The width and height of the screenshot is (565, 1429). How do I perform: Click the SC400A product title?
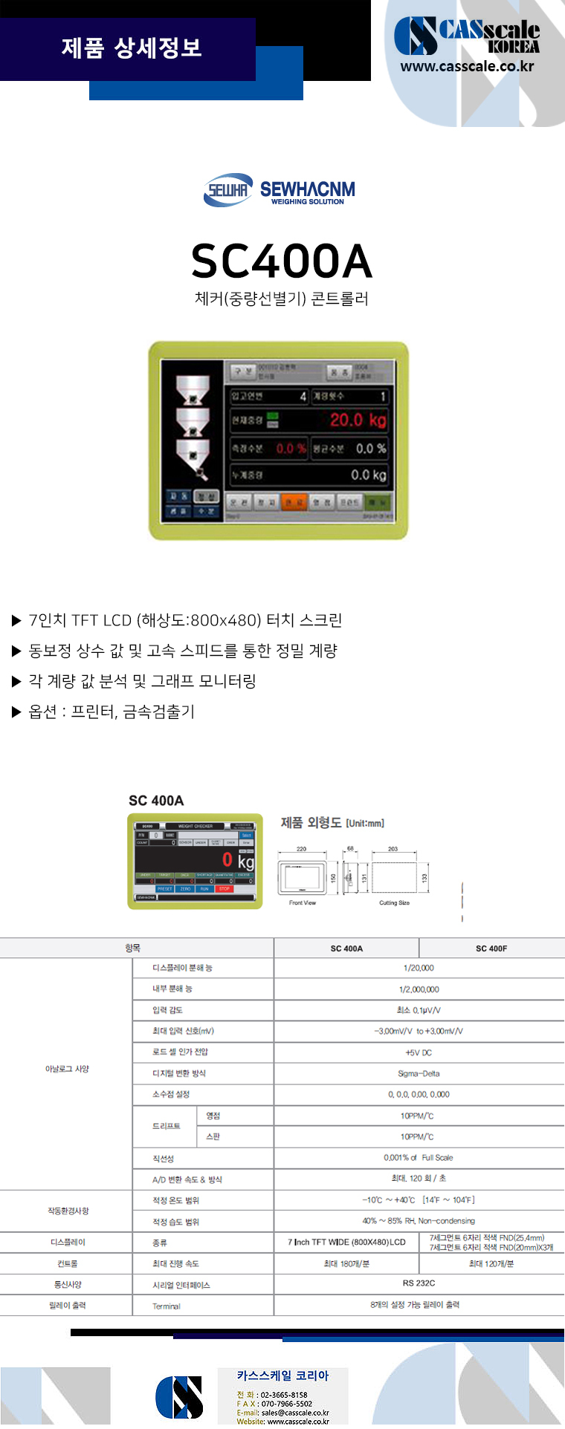point(281,261)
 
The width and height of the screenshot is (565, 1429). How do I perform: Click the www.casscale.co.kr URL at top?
point(467,66)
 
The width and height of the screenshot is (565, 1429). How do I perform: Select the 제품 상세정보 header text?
point(132,48)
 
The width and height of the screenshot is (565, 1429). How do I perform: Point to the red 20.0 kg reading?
point(358,420)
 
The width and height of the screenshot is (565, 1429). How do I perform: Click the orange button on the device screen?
point(294,503)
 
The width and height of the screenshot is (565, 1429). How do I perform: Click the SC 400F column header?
point(491,948)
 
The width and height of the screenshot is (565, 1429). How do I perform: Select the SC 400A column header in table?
point(346,948)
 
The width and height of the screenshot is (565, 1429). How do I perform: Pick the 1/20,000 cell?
point(419,968)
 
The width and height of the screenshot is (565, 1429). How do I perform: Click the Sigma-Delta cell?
point(419,1073)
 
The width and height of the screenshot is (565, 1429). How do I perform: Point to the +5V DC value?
point(419,1052)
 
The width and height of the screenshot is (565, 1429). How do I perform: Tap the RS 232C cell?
point(419,1283)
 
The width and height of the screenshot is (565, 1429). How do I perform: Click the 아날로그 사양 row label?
point(67,1069)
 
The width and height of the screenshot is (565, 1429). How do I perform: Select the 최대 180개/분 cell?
point(346,1263)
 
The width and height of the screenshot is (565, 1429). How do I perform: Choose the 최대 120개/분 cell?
point(491,1263)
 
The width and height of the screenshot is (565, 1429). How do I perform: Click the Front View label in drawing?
point(302,903)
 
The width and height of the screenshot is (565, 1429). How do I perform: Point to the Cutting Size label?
point(394,903)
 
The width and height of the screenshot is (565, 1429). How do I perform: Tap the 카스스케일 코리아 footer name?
point(282,1376)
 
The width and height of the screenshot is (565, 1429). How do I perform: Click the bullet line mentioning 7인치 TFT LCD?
point(184,620)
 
